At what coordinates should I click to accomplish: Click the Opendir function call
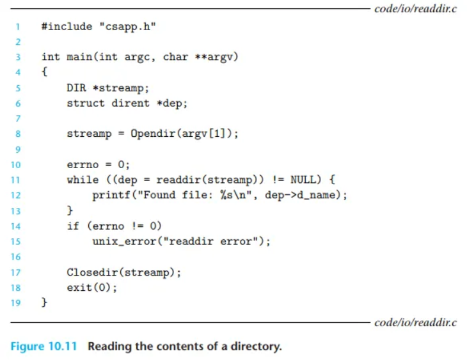[x=152, y=134]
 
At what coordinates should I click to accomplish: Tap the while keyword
[x=83, y=180]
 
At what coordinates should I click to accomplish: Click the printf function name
[x=111, y=195]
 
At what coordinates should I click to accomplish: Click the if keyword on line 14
[x=73, y=226]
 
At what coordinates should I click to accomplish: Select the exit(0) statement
[x=91, y=287]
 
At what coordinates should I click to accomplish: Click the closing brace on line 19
[x=44, y=302]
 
